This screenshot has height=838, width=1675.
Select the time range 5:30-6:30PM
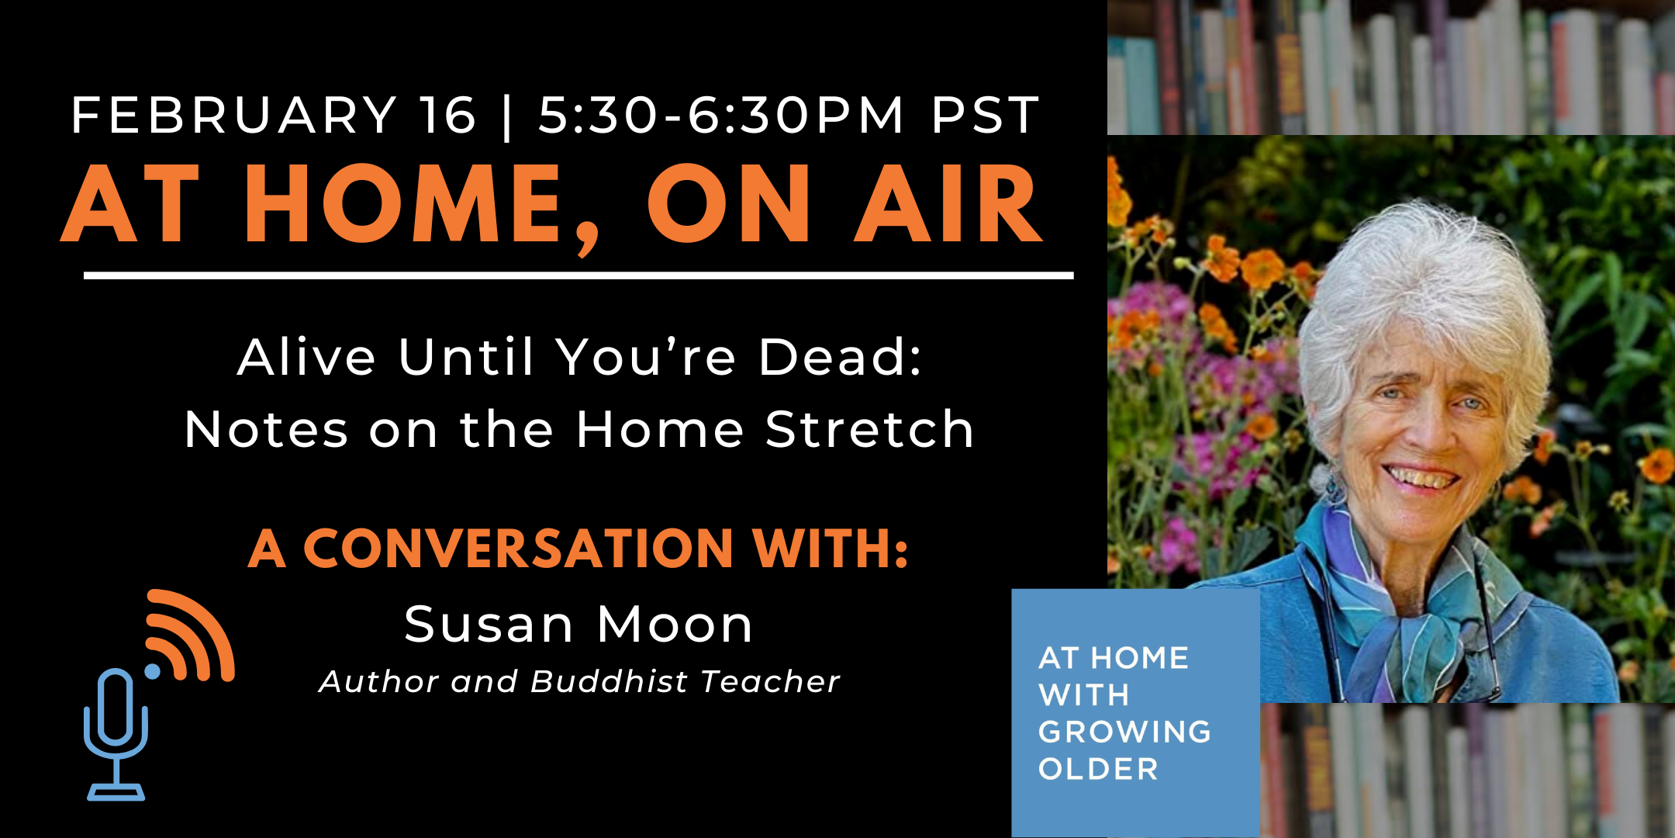[721, 116]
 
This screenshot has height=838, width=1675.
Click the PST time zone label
[985, 116]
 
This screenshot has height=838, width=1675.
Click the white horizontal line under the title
[578, 275]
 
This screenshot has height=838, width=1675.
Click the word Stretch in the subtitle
[869, 430]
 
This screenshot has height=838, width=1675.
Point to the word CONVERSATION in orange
[518, 549]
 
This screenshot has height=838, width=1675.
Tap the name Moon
[675, 625]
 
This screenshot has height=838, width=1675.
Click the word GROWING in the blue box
[1124, 732]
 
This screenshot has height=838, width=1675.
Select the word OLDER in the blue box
[1098, 769]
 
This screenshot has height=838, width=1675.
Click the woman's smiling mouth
[1421, 476]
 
